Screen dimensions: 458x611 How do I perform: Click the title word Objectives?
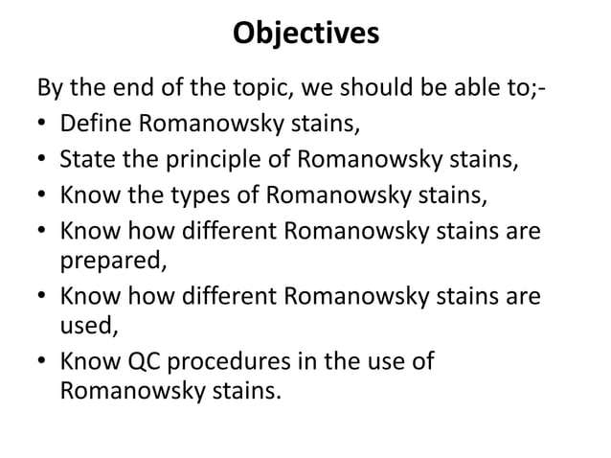pos(305,34)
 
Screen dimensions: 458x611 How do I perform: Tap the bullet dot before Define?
pos(43,125)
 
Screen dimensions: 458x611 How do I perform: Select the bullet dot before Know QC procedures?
pos(43,365)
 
